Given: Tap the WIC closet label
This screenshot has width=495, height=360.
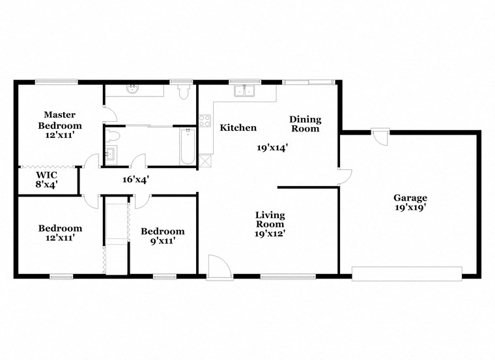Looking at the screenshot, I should [47, 179].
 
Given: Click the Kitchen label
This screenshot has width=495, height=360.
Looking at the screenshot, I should [238, 128].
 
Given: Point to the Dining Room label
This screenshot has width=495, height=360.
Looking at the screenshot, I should [305, 124].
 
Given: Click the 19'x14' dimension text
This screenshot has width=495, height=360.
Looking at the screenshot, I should [272, 148].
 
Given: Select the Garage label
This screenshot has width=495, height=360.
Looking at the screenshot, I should [410, 198].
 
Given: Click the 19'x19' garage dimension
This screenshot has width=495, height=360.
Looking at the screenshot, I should [410, 208].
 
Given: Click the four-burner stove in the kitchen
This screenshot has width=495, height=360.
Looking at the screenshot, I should [205, 120].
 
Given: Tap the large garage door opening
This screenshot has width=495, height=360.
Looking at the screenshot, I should [406, 273].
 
